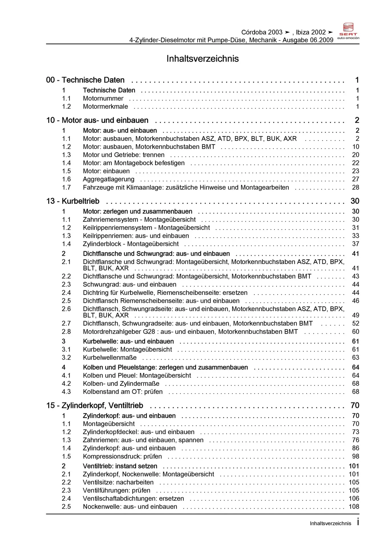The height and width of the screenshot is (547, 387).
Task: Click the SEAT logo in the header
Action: pos(348,31)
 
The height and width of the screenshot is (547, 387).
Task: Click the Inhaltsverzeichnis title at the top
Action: pos(202,59)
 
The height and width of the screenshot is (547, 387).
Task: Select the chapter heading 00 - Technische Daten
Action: pos(85,80)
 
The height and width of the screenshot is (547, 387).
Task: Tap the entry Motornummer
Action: pos(103,99)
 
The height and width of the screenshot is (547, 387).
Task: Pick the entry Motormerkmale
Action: pos(105,107)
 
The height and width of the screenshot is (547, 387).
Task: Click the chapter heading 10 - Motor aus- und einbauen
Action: pos(97,120)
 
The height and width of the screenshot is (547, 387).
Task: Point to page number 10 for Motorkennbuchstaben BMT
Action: pos(355,147)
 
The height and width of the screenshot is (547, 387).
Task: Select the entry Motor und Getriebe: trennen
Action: pos(123,155)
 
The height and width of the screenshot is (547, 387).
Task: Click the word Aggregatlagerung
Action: pos(108,179)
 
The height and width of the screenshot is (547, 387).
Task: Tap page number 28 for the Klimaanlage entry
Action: pos(355,187)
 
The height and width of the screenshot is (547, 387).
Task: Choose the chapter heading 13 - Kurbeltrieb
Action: pos(73,201)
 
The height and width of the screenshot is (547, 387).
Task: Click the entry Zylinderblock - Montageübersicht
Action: pos(131,244)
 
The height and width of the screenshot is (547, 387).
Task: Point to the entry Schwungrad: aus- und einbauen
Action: pos(129,285)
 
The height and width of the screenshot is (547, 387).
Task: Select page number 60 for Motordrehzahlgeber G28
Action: pos(355,332)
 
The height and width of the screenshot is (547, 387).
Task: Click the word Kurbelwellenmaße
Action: pos(110,358)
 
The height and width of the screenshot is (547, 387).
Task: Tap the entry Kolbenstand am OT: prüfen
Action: pos(123,392)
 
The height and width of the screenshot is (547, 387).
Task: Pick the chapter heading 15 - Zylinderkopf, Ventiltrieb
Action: pos(95,405)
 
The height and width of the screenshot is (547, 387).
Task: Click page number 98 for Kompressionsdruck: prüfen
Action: pos(355,456)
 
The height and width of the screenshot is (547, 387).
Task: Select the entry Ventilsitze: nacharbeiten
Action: pos(118,482)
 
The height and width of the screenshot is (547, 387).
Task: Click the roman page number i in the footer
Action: pos(358,522)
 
